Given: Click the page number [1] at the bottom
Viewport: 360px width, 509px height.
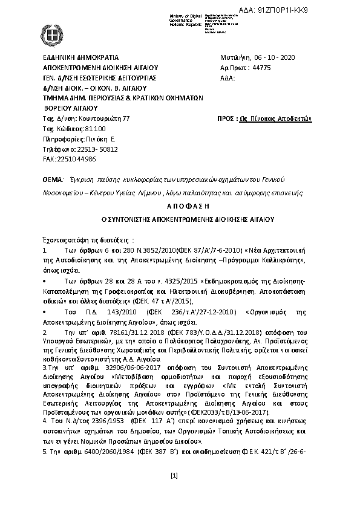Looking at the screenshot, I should pyautogui.click(x=174, y=476).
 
